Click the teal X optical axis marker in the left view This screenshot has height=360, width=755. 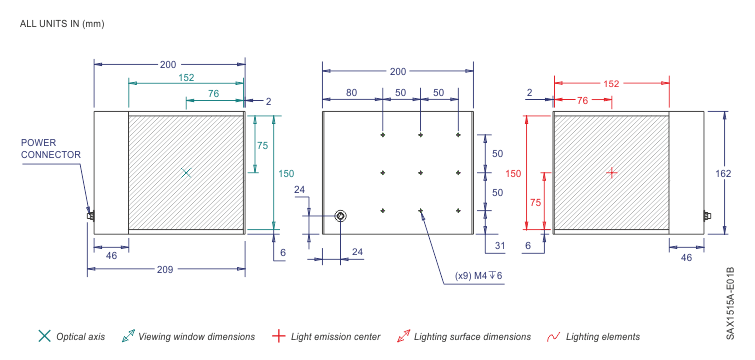click(x=186, y=173)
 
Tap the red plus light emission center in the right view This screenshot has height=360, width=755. click(x=612, y=172)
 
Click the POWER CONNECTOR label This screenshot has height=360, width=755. click(x=51, y=149)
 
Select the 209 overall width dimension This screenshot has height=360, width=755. click(x=165, y=270)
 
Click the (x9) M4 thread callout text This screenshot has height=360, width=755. click(x=480, y=276)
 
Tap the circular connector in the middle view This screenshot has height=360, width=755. click(x=340, y=216)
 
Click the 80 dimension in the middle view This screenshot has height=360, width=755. click(x=351, y=93)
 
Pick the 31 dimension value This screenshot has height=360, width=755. click(x=500, y=245)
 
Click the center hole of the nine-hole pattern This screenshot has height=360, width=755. click(x=421, y=173)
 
